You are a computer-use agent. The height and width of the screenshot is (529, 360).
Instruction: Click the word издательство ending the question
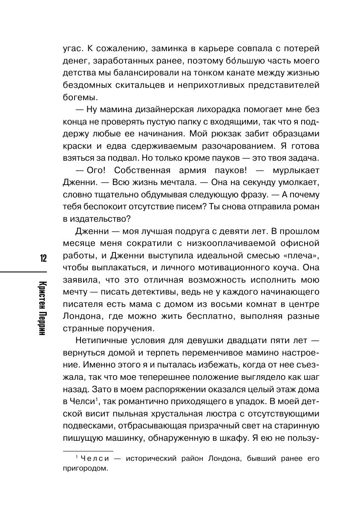[100, 219]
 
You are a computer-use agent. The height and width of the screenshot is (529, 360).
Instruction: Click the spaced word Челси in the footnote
[95, 459]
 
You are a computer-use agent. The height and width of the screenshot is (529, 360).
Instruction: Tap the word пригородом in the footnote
[85, 468]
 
